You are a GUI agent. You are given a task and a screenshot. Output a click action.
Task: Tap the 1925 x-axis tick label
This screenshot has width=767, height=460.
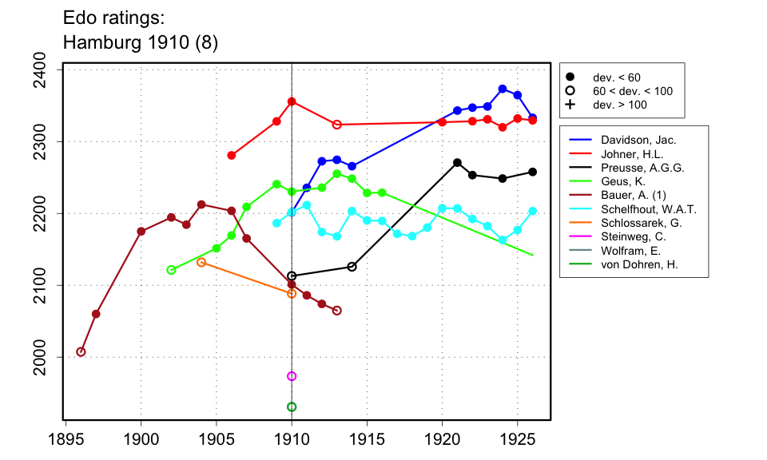[x=517, y=438]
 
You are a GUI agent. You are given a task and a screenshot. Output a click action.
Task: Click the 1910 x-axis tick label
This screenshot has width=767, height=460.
[x=292, y=438]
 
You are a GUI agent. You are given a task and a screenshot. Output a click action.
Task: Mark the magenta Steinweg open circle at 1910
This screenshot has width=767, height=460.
[x=292, y=376]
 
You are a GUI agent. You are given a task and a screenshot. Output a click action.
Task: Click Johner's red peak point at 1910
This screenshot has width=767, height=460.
[x=292, y=101]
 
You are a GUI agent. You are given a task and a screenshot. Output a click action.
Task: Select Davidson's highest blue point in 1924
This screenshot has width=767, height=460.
[x=503, y=89]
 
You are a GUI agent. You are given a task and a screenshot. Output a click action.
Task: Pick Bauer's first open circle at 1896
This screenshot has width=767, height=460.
[x=81, y=351]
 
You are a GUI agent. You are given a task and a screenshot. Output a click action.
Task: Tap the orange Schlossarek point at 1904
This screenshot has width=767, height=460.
[x=201, y=262]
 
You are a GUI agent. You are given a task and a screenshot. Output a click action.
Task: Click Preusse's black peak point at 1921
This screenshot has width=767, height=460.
[x=457, y=163]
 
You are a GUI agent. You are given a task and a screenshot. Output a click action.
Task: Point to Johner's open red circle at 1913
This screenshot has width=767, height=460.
[x=337, y=125]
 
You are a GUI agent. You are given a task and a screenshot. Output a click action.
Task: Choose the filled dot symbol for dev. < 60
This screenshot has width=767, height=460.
[x=570, y=77]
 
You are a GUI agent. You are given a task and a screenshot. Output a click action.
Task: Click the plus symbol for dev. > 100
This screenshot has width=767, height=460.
[x=570, y=105]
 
